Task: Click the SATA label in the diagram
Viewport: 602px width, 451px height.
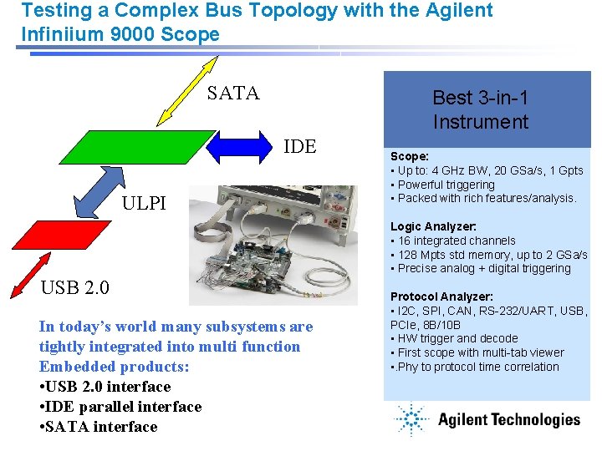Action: (233, 93)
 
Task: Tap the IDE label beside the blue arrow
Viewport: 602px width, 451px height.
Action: (300, 147)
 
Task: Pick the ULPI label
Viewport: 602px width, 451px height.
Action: (144, 203)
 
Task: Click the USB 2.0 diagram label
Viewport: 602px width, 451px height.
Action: (75, 288)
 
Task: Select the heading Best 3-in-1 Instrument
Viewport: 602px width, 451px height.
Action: (480, 110)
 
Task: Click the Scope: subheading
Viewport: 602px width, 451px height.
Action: (410, 156)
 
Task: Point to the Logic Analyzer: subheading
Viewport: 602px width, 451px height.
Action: (433, 226)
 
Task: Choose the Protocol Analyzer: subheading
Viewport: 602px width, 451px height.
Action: (441, 296)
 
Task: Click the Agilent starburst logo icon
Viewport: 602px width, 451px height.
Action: (412, 420)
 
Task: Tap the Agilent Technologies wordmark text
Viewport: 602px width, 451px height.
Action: (508, 420)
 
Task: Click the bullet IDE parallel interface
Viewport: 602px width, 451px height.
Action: (120, 407)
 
